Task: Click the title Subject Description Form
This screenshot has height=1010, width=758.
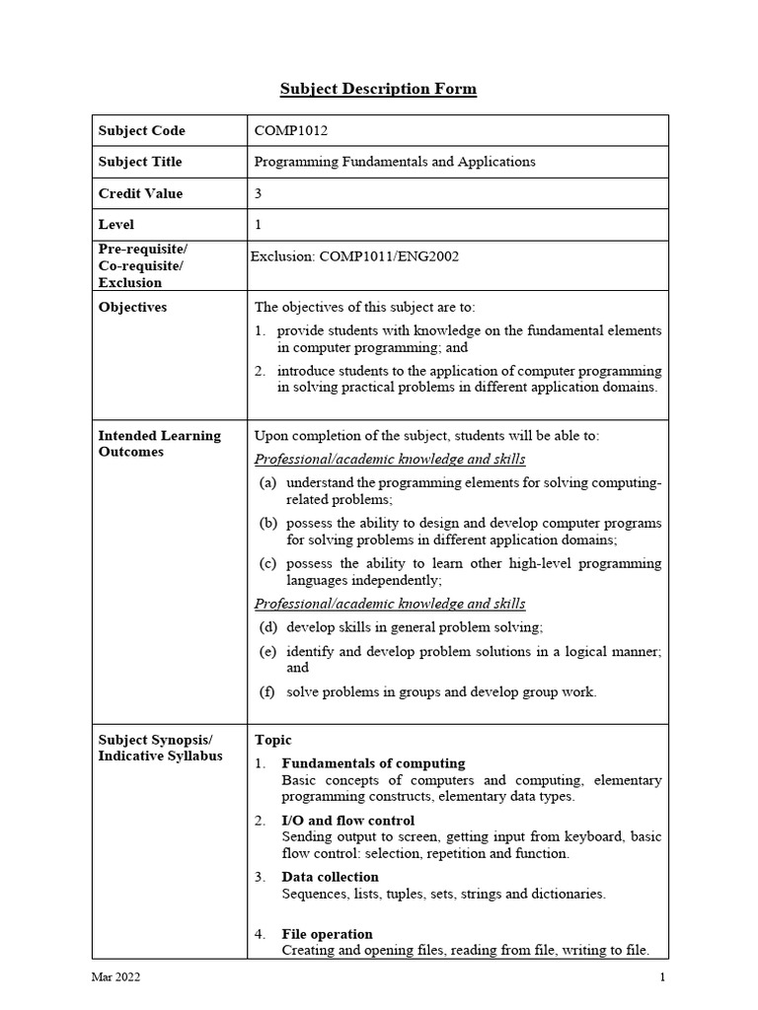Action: click(378, 90)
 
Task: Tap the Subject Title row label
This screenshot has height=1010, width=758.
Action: click(140, 162)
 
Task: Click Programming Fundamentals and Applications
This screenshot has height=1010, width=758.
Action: click(395, 162)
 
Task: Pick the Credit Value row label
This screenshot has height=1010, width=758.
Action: click(140, 193)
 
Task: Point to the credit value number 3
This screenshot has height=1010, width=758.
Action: click(259, 193)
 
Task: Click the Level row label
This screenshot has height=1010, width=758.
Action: click(116, 225)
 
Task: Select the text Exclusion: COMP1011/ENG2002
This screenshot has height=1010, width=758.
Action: click(354, 256)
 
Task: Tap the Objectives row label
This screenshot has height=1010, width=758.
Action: click(132, 307)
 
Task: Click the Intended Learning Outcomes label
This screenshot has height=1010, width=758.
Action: click(159, 444)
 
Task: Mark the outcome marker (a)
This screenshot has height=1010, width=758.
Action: click(267, 483)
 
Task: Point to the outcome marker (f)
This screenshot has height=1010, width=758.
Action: click(266, 691)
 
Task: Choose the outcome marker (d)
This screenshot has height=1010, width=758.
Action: click(267, 627)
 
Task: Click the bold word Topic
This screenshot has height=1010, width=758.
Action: click(273, 740)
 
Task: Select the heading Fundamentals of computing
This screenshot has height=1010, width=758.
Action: click(373, 763)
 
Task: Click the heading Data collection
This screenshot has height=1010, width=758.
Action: click(330, 877)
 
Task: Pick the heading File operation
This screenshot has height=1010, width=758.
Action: click(327, 934)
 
